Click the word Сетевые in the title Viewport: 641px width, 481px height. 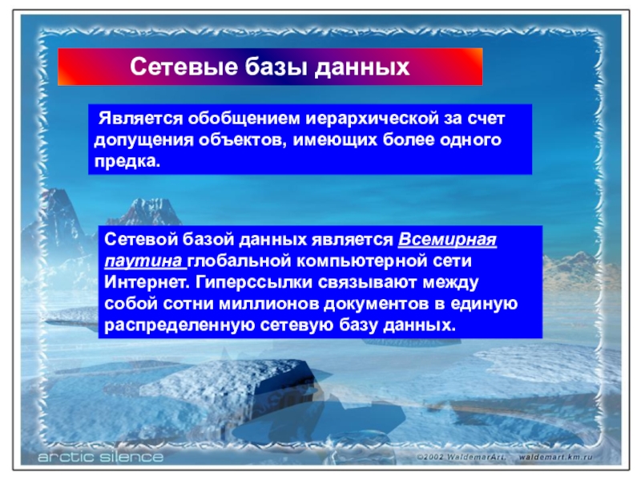pos(184,67)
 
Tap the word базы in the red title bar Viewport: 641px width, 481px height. pos(276,67)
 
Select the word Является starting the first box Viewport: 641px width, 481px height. pos(141,119)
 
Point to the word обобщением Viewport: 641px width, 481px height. pos(244,119)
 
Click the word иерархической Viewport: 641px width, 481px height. pos(373,119)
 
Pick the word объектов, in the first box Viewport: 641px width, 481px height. pos(243,140)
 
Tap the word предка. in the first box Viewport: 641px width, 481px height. pos(127,162)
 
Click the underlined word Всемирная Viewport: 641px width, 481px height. pos(447,239)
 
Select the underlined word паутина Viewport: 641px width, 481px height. pos(143,261)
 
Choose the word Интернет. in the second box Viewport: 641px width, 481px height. pos(147,282)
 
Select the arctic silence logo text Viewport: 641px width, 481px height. pos(101,456)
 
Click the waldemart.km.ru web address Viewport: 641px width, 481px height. pos(555,457)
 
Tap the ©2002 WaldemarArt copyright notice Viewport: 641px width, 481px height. pos(462,457)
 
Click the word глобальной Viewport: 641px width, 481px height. pos(239,261)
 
